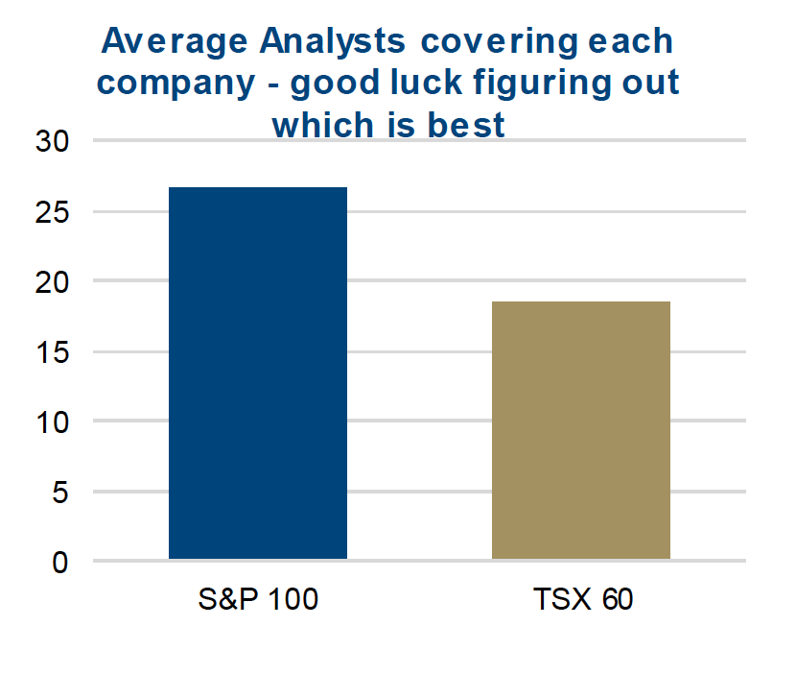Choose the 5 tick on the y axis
(x=60, y=492)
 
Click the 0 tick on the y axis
(x=60, y=562)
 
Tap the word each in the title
(x=634, y=41)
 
